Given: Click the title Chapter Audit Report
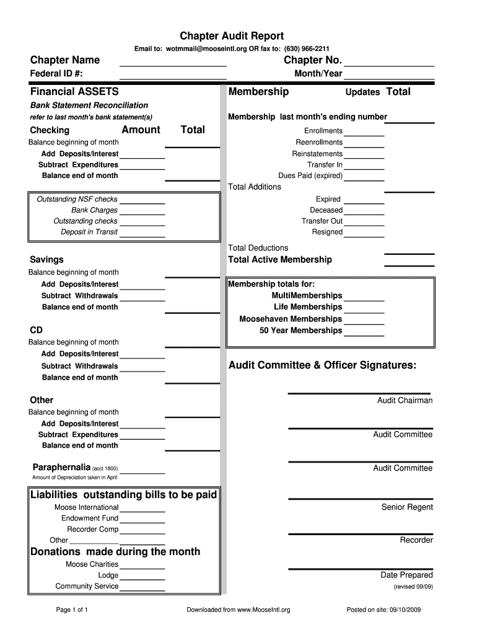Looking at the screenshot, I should tap(231, 36).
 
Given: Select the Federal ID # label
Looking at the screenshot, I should tap(57, 74).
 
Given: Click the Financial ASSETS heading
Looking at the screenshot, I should tap(74, 92).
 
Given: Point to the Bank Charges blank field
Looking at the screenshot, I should tap(142, 211).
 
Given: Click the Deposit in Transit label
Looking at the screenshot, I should tap(89, 232).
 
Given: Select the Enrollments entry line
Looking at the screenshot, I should tap(364, 131).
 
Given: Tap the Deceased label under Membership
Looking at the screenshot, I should tap(326, 210).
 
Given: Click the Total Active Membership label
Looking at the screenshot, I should tap(280, 260).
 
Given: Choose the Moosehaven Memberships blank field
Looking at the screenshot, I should tap(364, 320).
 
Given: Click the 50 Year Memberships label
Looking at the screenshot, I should tap(301, 331).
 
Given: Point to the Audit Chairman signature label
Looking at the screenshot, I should tap(405, 401).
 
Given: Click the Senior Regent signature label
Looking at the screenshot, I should tap(407, 507).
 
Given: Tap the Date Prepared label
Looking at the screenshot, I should tap(406, 575).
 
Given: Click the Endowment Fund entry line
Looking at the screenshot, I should tap(142, 519).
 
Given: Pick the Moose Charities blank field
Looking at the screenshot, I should tap(142, 565).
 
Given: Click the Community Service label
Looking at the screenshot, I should tap(87, 586).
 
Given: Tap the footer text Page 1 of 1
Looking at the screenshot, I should tap(72, 610).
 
